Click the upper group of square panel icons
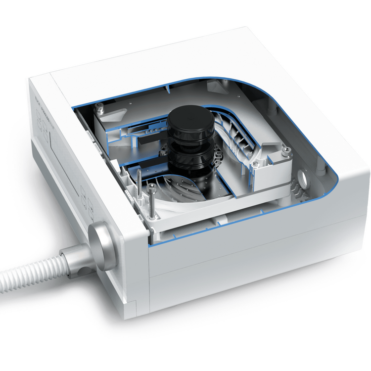pyautogui.click(x=46, y=126)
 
